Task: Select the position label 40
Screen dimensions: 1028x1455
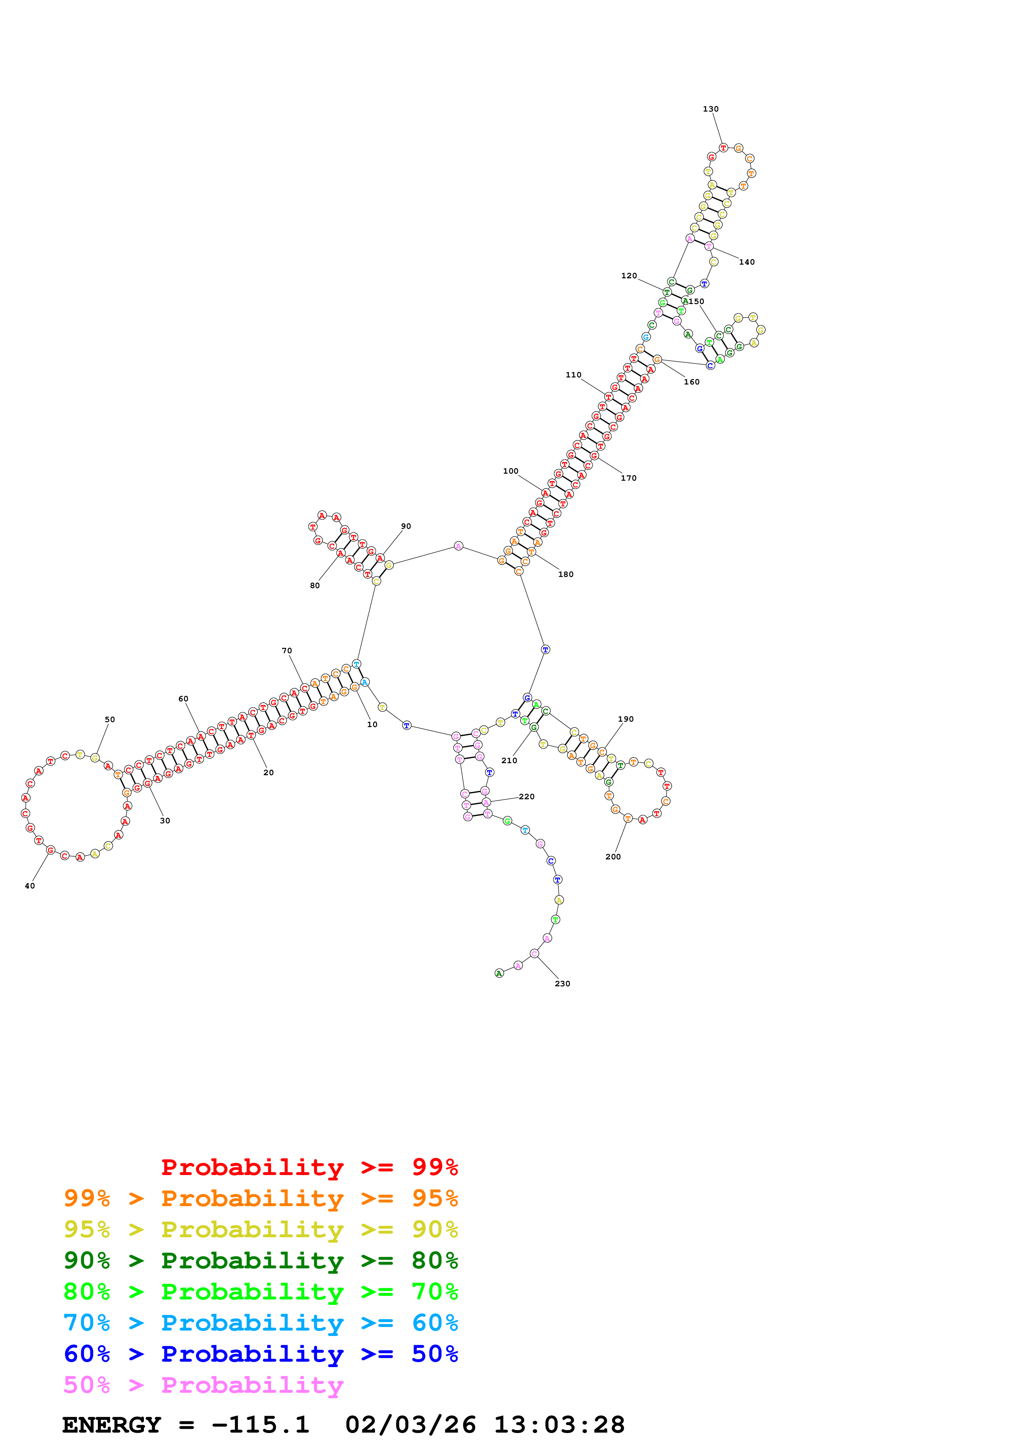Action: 30,886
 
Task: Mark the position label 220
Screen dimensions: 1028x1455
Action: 526,797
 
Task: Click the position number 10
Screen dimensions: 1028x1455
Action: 372,724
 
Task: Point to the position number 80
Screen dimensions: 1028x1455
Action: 315,586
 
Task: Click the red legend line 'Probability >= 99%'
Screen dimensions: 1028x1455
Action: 309,1167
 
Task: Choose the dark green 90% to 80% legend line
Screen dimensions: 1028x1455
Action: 260,1260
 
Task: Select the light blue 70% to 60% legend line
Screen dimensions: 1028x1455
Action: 260,1323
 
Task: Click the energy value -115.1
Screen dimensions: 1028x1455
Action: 260,1425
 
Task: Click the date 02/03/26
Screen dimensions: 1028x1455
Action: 411,1425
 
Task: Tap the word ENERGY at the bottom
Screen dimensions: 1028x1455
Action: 112,1425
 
